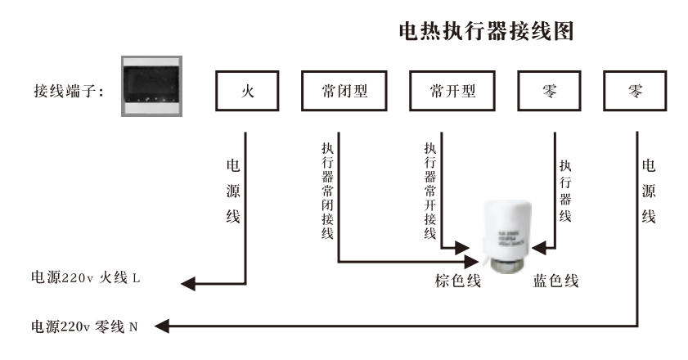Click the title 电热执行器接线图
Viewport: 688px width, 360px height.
(x=483, y=32)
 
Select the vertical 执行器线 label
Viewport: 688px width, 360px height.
(x=564, y=190)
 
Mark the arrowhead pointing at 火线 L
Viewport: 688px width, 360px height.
(x=187, y=281)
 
